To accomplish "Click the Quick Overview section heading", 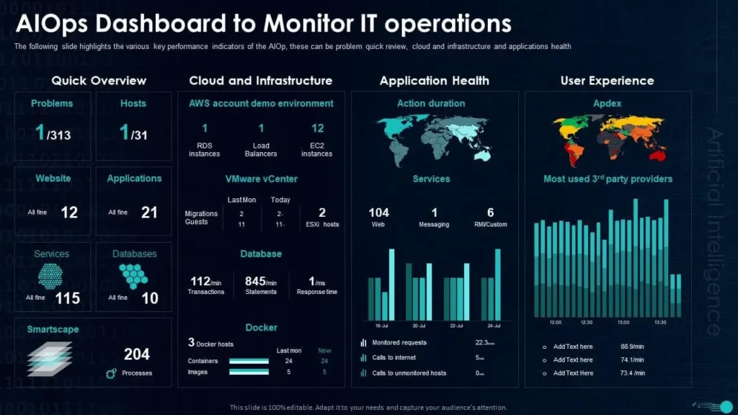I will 99,81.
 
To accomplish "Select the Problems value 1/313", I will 53,133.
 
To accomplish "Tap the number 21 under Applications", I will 149,212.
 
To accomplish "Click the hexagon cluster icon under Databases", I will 133,275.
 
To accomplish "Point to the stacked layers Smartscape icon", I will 50,359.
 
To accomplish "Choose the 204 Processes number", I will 136,354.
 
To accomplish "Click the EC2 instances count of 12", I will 317,128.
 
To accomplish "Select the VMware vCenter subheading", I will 261,179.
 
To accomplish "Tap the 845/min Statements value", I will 261,281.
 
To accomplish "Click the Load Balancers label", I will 261,149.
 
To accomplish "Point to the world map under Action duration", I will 431,138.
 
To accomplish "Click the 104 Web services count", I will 378,213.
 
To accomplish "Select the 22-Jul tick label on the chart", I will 455,326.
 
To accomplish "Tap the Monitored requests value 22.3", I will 484,343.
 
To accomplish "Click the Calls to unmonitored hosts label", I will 409,373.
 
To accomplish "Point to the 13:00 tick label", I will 623,322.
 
